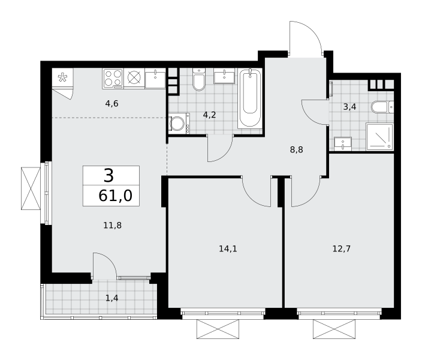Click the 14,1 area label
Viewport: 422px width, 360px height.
228,249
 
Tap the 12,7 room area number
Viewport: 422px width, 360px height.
342,248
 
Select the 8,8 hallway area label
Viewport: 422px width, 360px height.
297,149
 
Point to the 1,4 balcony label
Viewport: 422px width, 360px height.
112,298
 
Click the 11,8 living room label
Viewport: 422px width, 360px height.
113,225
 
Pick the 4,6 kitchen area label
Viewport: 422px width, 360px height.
112,103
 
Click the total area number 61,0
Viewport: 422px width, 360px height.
115,196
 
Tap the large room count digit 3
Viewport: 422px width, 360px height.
108,176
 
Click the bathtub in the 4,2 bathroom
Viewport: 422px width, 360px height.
250,98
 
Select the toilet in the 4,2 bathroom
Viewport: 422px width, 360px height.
199,79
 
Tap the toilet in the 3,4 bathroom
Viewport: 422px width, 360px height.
382,107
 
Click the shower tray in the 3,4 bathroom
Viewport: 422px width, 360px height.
380,136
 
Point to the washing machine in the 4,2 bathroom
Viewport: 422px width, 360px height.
179,124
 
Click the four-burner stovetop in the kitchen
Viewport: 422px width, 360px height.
113,79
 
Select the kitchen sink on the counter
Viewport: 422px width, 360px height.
155,78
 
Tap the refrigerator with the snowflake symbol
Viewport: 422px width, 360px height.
62,78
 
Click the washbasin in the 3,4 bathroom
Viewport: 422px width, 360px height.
343,143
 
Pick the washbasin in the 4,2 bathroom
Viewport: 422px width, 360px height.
224,76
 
